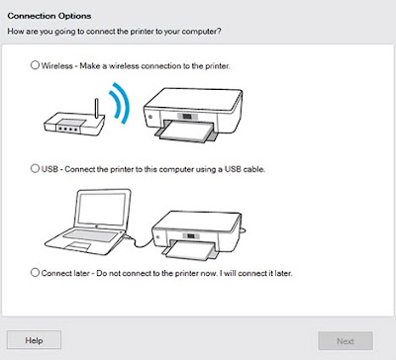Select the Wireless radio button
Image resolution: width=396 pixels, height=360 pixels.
[35, 65]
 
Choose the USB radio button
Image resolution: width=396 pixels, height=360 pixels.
[35, 168]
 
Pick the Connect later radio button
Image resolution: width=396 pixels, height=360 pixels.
[35, 273]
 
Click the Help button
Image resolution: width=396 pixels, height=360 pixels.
[34, 340]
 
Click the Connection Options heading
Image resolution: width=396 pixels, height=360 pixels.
[49, 16]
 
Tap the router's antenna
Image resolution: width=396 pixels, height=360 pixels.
[96, 108]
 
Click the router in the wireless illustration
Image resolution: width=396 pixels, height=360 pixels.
[74, 122]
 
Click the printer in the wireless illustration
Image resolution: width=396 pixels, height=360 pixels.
[193, 114]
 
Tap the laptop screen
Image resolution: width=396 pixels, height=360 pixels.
[101, 210]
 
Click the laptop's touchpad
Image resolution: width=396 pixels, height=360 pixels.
[78, 246]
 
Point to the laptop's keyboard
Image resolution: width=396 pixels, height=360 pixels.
[90, 235]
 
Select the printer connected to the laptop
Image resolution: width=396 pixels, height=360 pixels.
[198, 234]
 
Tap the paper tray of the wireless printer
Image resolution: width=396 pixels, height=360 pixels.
[186, 132]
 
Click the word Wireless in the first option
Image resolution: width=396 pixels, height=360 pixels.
[57, 66]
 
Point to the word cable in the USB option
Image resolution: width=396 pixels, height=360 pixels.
[254, 169]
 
